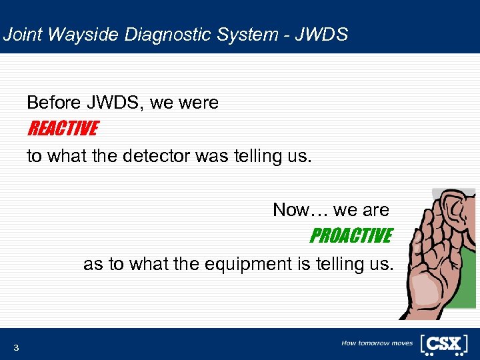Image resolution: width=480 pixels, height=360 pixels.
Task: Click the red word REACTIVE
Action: tap(62, 128)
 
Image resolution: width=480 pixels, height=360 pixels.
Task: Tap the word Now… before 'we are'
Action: tap(301, 210)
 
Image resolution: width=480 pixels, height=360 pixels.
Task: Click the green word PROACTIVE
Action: tap(350, 236)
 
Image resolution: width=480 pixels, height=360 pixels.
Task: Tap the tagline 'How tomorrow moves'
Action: tap(377, 343)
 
